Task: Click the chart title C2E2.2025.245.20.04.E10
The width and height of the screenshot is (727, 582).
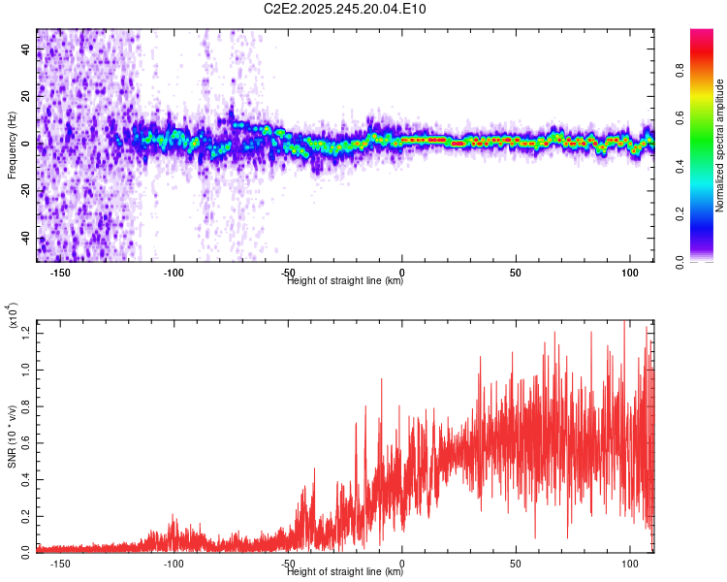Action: [345, 9]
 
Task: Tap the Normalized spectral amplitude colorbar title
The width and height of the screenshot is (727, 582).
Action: [720, 145]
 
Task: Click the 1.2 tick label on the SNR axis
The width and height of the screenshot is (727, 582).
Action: [25, 334]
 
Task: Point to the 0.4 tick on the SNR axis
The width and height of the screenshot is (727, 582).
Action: [25, 477]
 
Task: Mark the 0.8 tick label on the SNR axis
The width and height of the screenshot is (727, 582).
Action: [25, 405]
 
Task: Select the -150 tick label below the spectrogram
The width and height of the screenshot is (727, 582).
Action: [60, 274]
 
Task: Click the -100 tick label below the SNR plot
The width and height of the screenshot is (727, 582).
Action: [174, 564]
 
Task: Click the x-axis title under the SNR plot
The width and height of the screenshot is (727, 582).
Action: [345, 572]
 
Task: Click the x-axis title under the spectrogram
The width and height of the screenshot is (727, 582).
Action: [345, 281]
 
